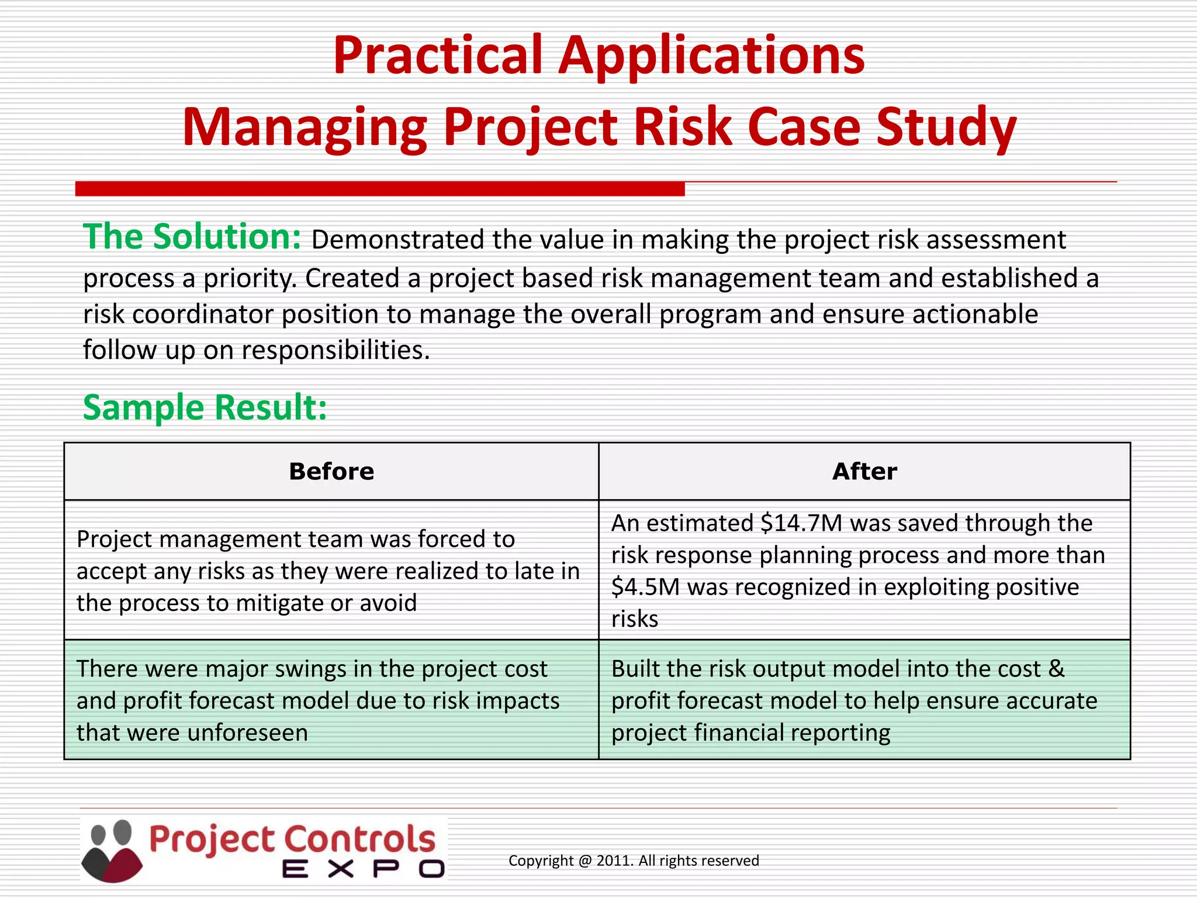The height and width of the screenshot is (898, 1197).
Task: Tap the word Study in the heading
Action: pyautogui.click(x=946, y=127)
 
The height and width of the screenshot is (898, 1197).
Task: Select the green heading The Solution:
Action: pyautogui.click(x=192, y=237)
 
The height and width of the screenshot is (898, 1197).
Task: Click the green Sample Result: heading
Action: pyautogui.click(x=205, y=407)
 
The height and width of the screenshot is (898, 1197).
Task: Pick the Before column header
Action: pyautogui.click(x=331, y=472)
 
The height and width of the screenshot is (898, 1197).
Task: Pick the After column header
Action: pyautogui.click(x=864, y=472)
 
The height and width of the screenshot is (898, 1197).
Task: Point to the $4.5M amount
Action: pyautogui.click(x=645, y=588)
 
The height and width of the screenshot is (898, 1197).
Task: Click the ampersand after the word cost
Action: pyautogui.click(x=1056, y=669)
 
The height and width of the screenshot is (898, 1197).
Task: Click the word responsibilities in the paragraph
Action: pyautogui.click(x=335, y=351)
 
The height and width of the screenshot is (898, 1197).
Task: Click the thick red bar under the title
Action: pyautogui.click(x=380, y=189)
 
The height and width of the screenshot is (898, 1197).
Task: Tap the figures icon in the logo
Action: pyautogui.click(x=112, y=851)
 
